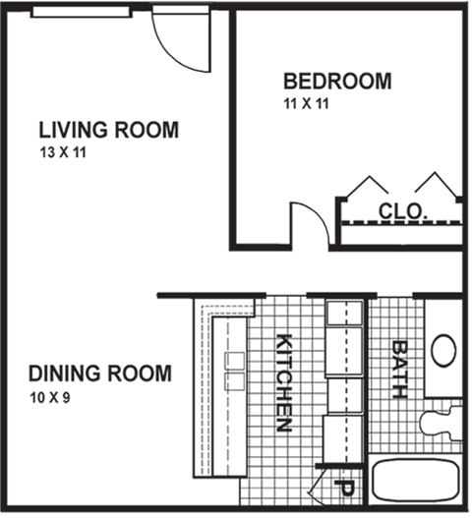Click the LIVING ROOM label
[108, 130]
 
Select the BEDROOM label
[336, 81]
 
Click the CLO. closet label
[402, 210]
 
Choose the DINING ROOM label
[99, 374]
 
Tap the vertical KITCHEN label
[284, 383]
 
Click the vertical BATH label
[399, 369]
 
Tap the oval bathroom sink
[443, 351]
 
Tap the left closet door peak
[369, 187]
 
